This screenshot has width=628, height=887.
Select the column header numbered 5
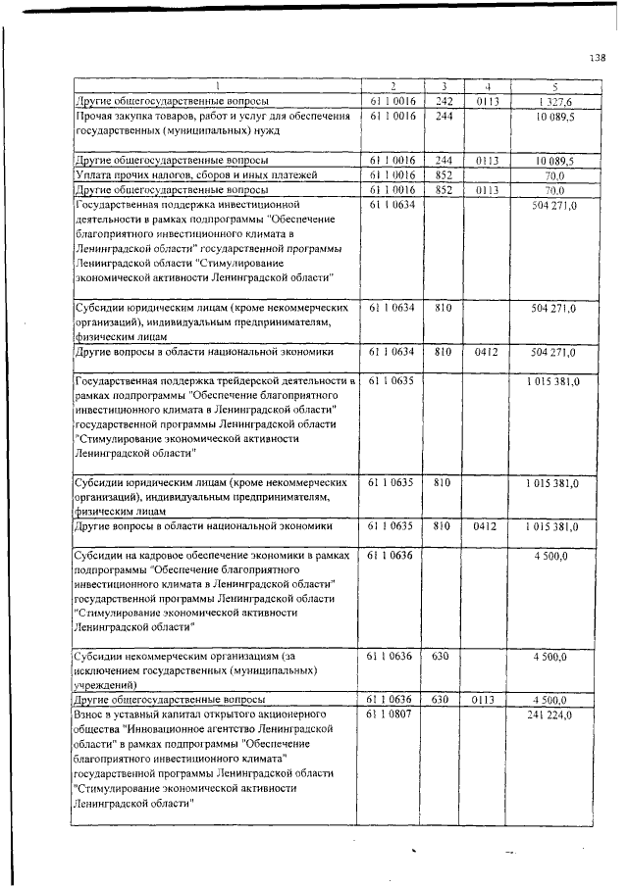tap(554, 86)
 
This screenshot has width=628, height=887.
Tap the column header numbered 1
tap(217, 86)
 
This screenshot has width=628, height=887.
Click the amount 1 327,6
tap(554, 101)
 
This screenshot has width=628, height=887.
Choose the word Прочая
tap(96, 116)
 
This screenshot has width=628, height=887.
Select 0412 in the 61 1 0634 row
tap(488, 351)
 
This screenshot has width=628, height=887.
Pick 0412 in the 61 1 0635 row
tap(488, 526)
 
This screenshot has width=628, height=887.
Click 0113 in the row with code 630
tap(488, 701)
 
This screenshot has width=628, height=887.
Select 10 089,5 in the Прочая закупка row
tap(554, 116)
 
